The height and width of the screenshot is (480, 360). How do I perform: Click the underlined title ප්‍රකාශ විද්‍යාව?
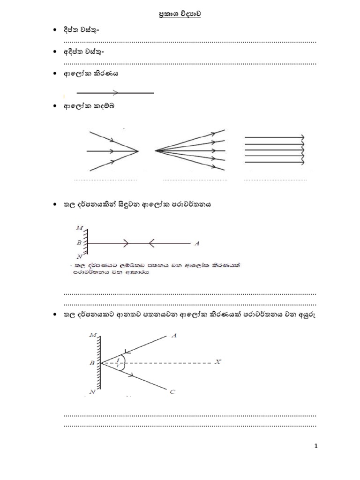coord(180,15)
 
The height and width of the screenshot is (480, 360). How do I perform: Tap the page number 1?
coord(316,446)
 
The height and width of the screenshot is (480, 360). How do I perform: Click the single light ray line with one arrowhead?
coord(115,93)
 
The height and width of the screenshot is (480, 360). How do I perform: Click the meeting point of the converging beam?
coord(138,151)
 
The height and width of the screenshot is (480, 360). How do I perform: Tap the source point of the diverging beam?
coord(156,150)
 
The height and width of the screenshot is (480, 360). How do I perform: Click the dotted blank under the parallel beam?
coord(275,180)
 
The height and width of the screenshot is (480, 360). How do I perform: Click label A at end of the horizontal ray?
coord(197,243)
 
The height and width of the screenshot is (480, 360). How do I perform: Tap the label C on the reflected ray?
coord(172,391)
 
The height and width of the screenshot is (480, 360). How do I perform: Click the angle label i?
coord(118,359)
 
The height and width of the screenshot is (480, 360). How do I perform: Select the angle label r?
coord(118,365)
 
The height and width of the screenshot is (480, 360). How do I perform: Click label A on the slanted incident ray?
coord(174,335)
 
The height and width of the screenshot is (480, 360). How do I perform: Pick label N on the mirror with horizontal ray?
coord(80,256)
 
